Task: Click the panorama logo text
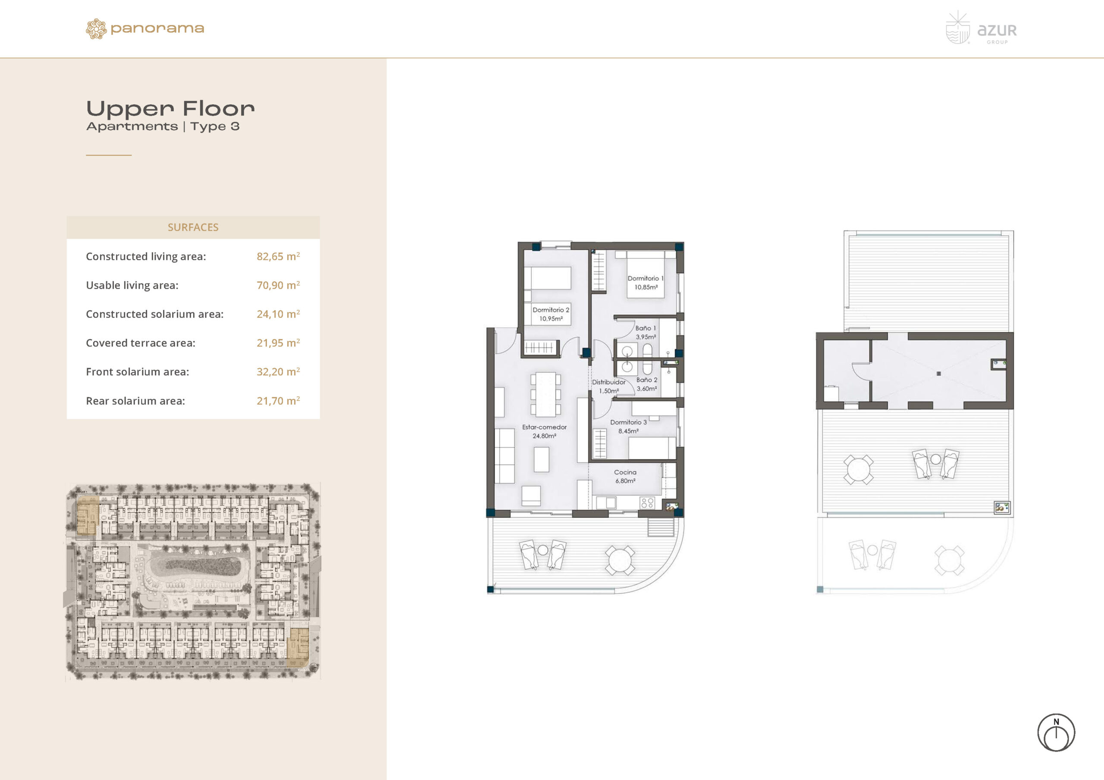(x=157, y=29)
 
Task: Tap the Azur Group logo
(x=981, y=28)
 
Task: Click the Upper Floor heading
(x=170, y=109)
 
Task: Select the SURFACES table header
(x=193, y=227)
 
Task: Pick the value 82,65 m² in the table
(x=278, y=256)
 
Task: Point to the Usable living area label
(x=132, y=285)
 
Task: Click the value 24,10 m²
(x=278, y=314)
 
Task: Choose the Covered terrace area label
(x=141, y=343)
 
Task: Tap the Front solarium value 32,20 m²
(x=278, y=371)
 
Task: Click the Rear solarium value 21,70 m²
(x=278, y=401)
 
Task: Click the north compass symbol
(x=1056, y=733)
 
